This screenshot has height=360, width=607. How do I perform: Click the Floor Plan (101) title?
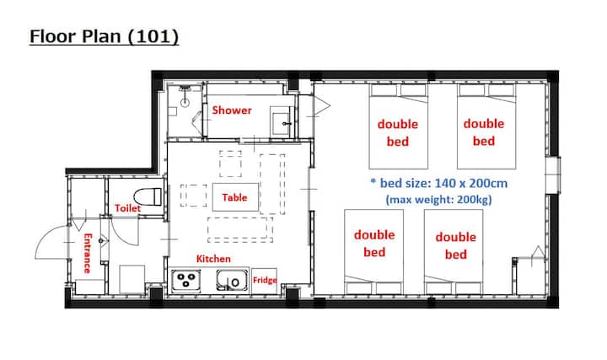point(105,37)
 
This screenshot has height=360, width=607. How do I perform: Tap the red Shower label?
point(232,110)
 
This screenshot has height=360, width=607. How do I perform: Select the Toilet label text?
point(127,208)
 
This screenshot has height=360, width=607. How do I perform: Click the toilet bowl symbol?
point(148,196)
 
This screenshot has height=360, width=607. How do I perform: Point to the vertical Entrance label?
point(88,253)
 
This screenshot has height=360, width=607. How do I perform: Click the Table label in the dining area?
point(234,197)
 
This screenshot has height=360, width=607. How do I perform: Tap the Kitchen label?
point(213,259)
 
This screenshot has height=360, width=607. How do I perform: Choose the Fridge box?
point(265,281)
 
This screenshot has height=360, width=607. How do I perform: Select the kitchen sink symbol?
point(232,280)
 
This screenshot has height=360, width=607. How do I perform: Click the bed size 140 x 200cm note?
point(439,183)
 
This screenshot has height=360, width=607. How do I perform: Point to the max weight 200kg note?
point(438,200)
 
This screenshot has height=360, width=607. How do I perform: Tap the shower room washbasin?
point(282,121)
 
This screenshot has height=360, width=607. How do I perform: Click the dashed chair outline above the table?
point(231,164)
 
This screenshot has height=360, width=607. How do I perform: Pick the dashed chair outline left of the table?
point(194,196)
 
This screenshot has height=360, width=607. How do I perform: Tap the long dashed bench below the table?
point(240,230)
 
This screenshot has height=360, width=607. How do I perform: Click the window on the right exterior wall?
point(554,175)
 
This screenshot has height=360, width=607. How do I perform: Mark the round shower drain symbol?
point(185,103)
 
